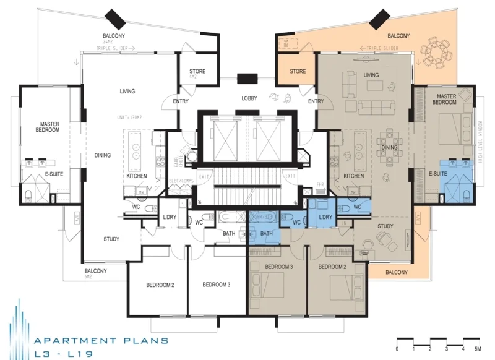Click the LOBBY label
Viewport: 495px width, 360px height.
pyautogui.click(x=249, y=98)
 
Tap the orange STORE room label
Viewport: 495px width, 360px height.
pyautogui.click(x=298, y=72)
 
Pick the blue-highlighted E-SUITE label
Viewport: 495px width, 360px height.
pyautogui.click(x=437, y=174)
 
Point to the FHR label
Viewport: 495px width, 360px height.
pyautogui.click(x=319, y=185)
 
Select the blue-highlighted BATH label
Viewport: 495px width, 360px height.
pyautogui.click(x=266, y=233)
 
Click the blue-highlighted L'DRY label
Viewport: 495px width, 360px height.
pyautogui.click(x=326, y=218)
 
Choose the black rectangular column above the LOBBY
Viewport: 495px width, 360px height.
pyautogui.click(x=248, y=79)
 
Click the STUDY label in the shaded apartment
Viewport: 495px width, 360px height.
pyautogui.click(x=385, y=226)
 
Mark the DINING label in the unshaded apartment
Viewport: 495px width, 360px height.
pyautogui.click(x=103, y=155)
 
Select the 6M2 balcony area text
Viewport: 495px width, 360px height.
pyautogui.click(x=96, y=278)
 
